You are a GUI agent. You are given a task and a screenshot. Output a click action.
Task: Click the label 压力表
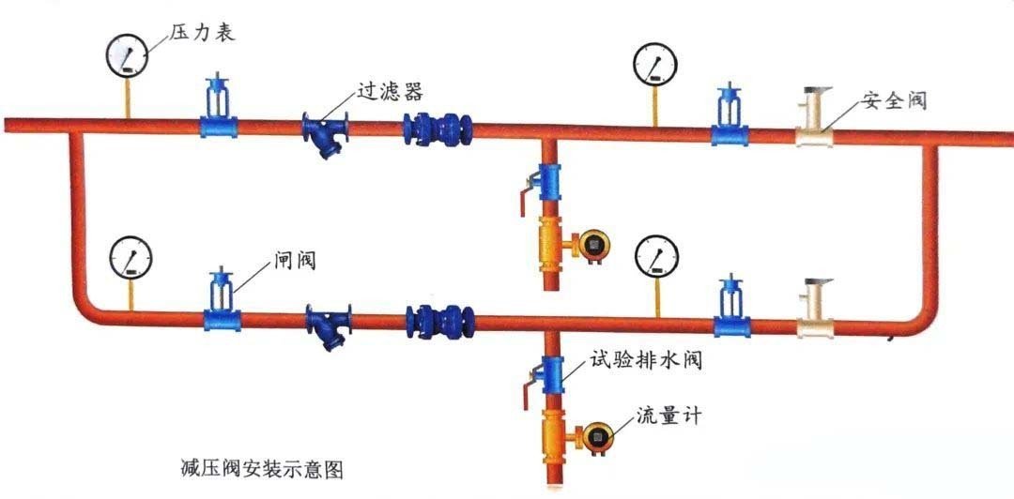[x=202, y=34]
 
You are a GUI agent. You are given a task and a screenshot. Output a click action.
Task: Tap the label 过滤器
[x=389, y=91]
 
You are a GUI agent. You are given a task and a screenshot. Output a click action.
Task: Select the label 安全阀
[x=893, y=100]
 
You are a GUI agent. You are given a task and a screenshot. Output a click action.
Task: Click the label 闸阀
[x=292, y=258]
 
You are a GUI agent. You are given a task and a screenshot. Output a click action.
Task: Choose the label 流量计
[x=668, y=413]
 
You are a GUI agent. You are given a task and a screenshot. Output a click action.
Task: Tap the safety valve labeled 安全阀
[x=815, y=117]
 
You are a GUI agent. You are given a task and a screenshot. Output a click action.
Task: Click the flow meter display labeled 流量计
[x=595, y=436]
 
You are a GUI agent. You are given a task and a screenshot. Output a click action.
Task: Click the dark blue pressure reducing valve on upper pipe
[x=437, y=129]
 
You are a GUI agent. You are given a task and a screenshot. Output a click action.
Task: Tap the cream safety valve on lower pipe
[x=812, y=310]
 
